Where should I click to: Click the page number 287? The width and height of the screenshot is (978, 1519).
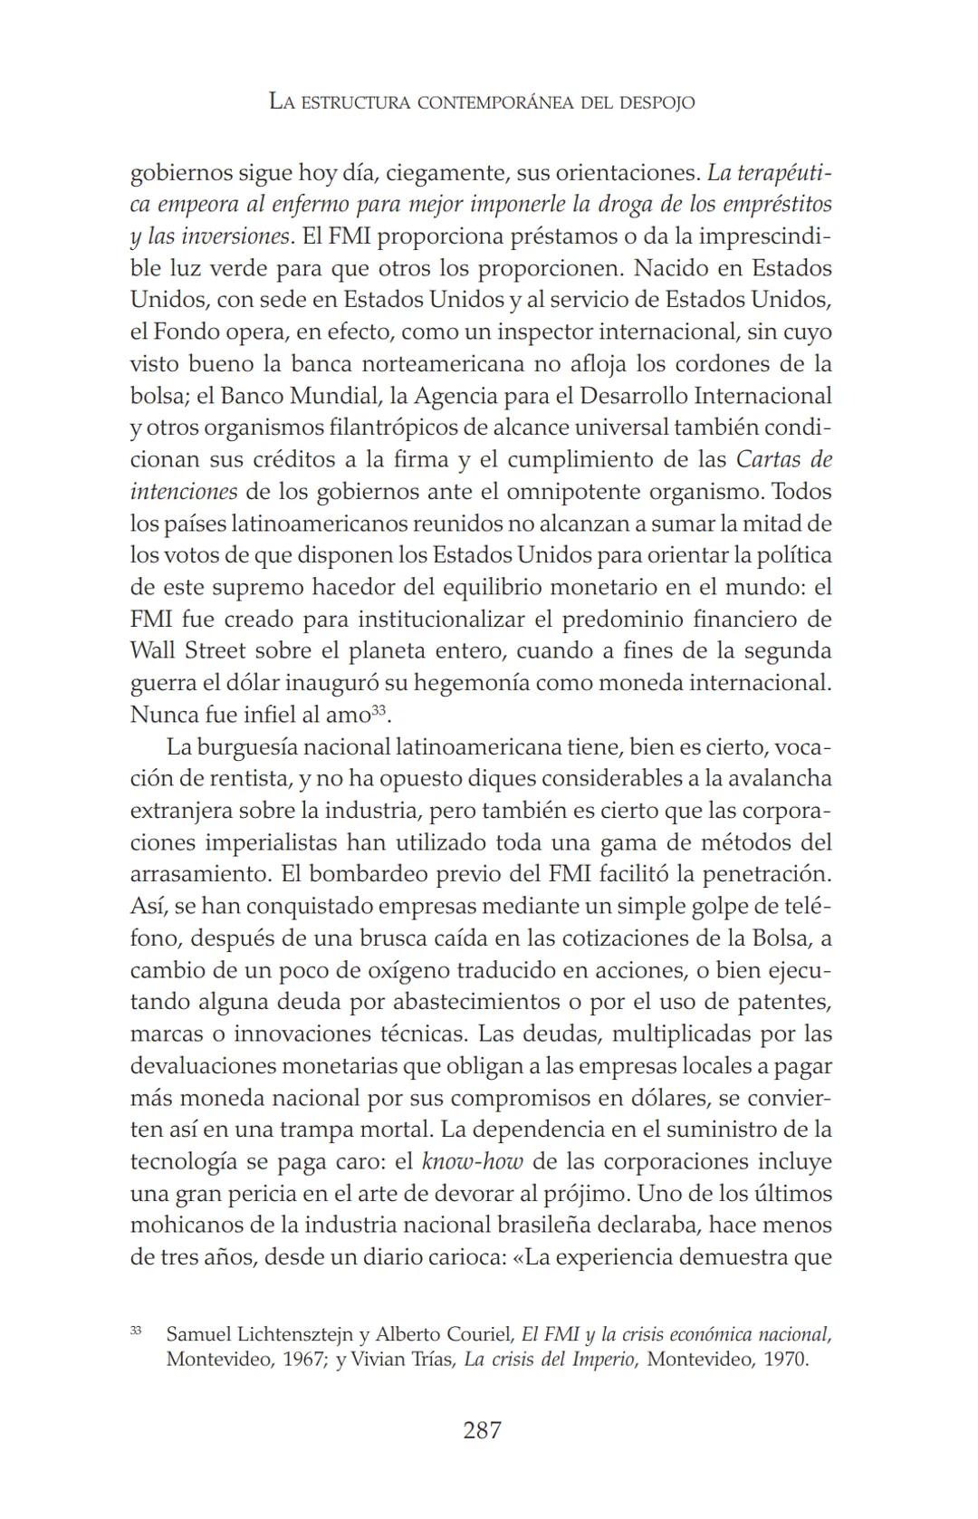click(482, 1430)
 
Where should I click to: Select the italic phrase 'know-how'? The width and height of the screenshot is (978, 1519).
click(473, 1161)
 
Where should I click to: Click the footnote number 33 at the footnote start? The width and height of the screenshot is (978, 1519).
click(136, 1330)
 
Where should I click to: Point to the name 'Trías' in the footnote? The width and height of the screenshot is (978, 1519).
click(429, 1360)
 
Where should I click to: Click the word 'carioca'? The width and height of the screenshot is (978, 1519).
click(466, 1257)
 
